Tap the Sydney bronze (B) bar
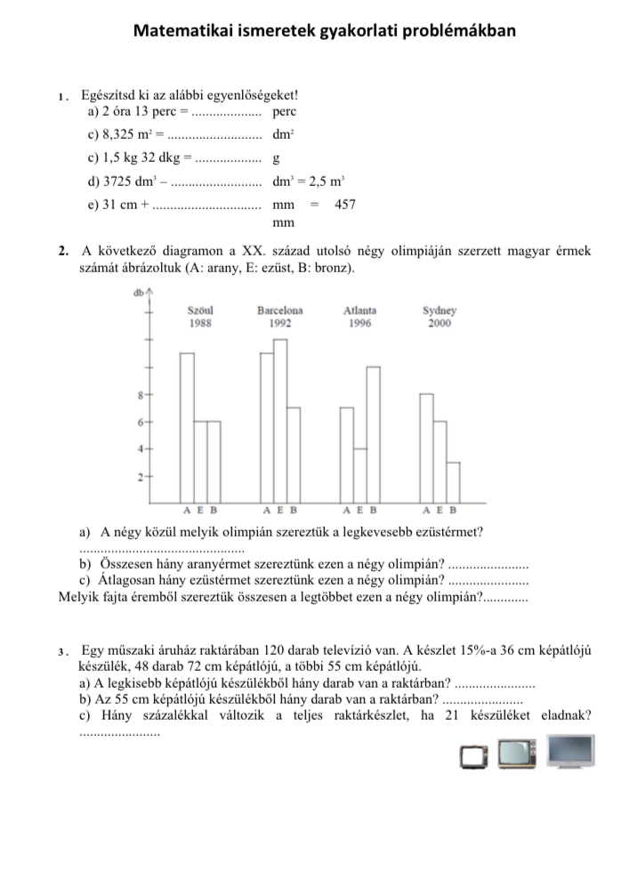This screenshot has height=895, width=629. [453, 482]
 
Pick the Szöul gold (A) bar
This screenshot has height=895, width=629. [187, 428]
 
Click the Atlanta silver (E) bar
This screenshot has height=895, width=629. [359, 475]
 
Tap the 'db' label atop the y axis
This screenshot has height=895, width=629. [138, 293]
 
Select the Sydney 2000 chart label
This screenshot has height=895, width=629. [439, 317]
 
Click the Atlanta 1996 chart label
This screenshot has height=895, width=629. [359, 317]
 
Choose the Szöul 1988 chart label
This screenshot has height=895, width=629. [200, 317]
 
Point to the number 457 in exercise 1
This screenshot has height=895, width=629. [345, 206]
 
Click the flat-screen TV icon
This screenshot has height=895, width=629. [570, 751]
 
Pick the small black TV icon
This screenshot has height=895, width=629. [473, 757]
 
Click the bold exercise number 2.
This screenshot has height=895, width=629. [61, 251]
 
